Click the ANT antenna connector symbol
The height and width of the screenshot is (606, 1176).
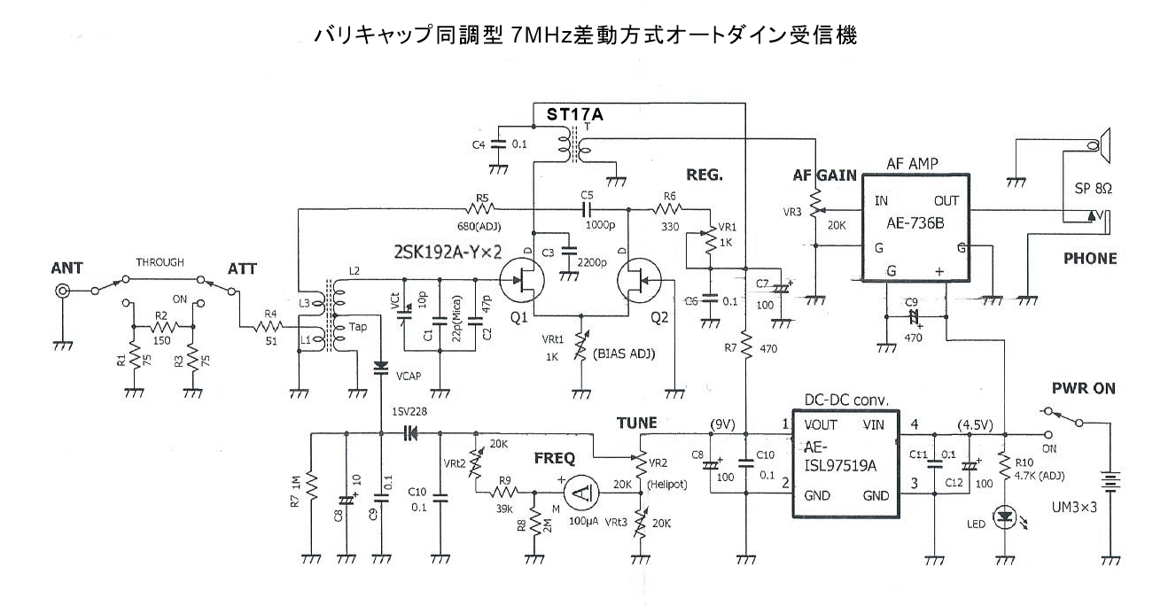[63, 291]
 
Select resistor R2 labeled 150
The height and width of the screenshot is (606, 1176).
[162, 327]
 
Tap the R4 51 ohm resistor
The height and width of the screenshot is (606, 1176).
[266, 327]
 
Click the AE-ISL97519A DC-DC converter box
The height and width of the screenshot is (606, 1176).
[844, 466]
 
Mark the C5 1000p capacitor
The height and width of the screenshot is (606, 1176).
[586, 209]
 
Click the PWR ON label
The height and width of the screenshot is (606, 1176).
[1084, 388]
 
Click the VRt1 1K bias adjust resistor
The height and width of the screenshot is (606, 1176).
[580, 341]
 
